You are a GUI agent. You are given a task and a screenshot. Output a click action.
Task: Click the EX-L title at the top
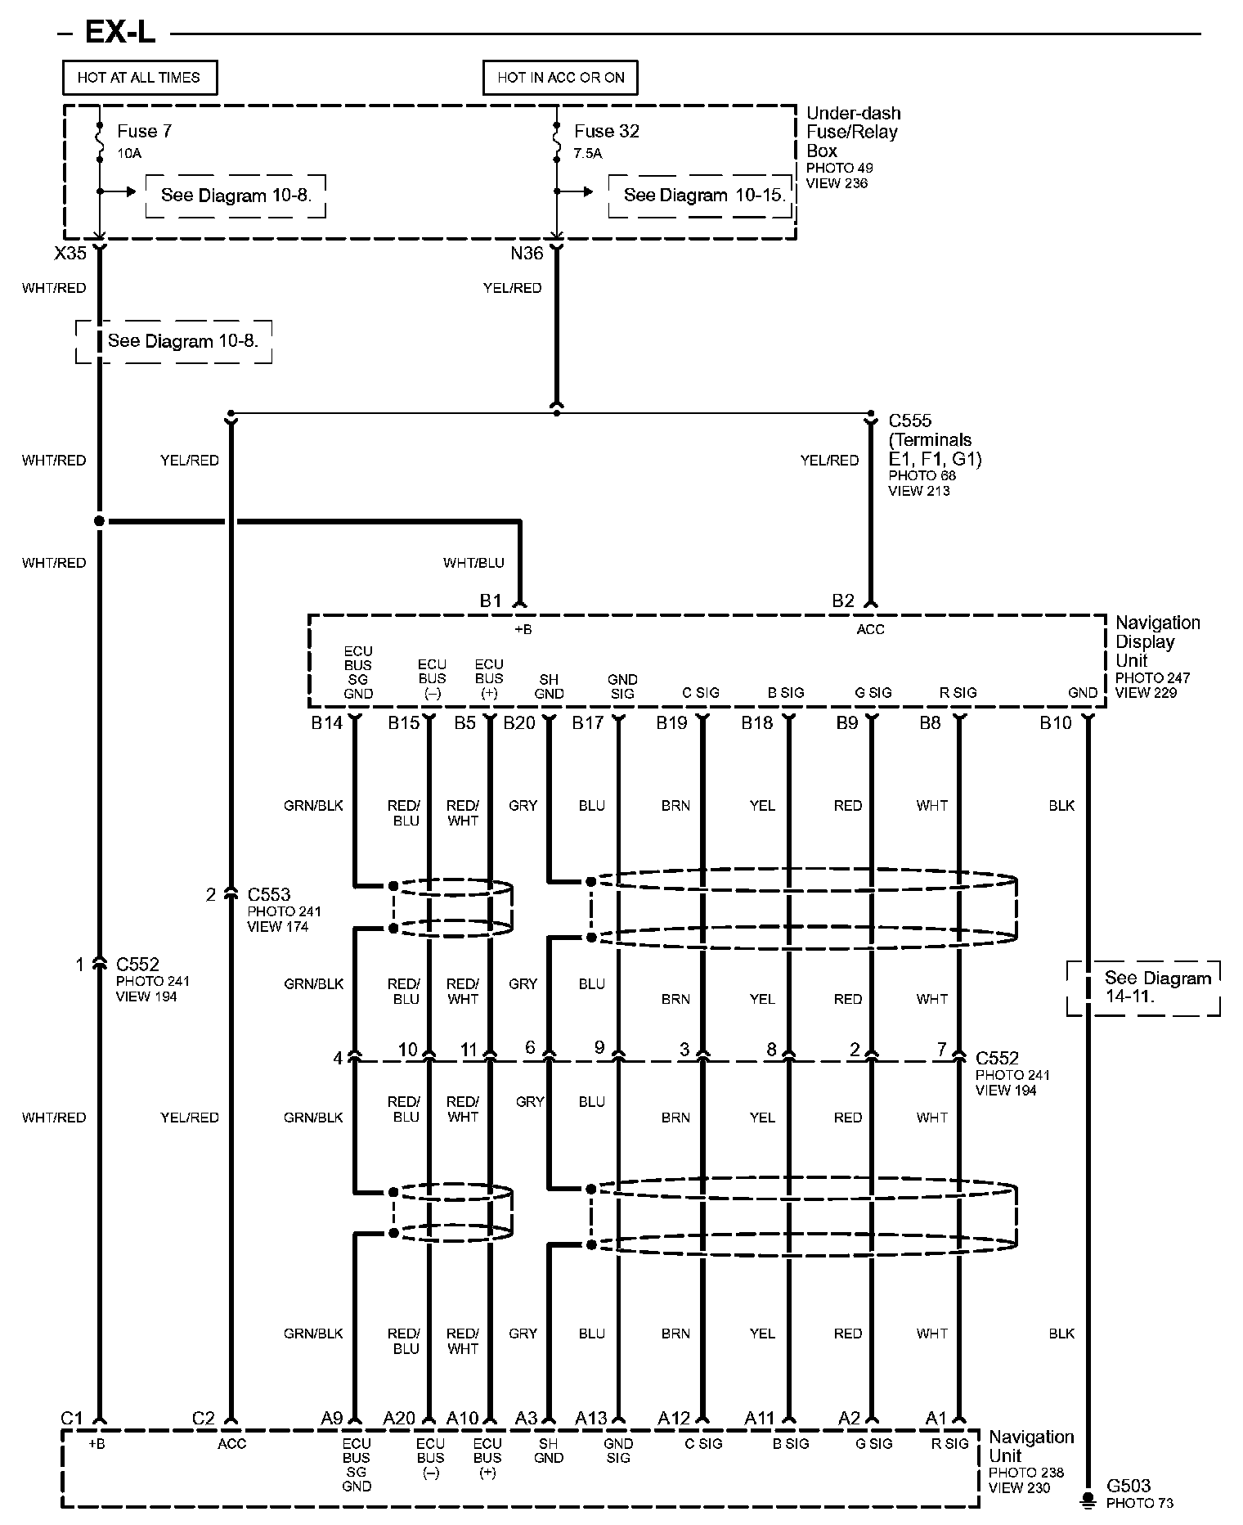click(119, 33)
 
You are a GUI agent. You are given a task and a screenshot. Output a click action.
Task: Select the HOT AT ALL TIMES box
click(139, 78)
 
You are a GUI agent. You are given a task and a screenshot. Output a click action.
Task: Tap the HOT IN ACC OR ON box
click(560, 78)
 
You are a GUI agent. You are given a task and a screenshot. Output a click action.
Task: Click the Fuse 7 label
click(144, 131)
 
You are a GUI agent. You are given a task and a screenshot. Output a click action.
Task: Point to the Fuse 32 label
click(606, 131)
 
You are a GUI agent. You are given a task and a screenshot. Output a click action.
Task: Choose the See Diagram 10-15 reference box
click(702, 196)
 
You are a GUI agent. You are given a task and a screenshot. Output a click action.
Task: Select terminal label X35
click(70, 254)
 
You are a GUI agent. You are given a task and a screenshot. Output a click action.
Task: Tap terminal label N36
click(527, 254)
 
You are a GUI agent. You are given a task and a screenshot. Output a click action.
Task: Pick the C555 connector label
click(909, 421)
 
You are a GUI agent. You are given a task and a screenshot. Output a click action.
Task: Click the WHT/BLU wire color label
click(473, 563)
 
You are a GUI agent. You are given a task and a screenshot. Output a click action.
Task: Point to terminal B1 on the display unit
click(491, 601)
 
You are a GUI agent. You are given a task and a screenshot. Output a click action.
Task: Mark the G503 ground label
click(1129, 1486)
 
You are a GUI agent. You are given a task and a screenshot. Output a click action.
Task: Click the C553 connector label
click(269, 894)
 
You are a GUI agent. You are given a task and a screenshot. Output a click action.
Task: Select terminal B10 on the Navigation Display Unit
click(1055, 723)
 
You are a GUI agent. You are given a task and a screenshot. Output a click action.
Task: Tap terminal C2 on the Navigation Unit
click(203, 1418)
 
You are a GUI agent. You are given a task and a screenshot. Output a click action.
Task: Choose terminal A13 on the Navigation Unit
click(590, 1418)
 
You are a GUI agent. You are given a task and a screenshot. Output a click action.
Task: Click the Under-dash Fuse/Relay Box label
click(852, 132)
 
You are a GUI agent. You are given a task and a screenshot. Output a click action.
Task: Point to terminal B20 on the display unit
click(519, 723)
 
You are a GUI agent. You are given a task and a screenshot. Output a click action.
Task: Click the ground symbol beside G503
click(1088, 1499)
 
